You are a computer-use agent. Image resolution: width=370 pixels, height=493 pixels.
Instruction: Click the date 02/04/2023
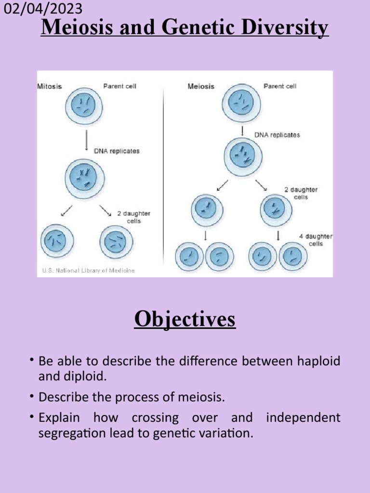(x=42, y=9)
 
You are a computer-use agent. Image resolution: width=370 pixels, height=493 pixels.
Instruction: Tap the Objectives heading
(x=185, y=319)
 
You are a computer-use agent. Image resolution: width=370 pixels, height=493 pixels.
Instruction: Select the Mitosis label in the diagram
(x=50, y=87)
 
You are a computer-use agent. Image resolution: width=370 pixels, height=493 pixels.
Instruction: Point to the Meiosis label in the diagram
(x=201, y=87)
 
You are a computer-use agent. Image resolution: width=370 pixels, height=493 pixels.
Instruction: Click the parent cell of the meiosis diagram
(x=241, y=103)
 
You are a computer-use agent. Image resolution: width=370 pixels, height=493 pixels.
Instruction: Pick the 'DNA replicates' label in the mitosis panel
(x=116, y=151)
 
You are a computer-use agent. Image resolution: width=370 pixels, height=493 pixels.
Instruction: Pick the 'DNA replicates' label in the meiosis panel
(x=277, y=135)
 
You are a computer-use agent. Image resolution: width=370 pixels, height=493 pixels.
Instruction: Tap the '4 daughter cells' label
(x=316, y=240)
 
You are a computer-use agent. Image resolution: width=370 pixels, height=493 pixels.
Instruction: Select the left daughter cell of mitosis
(x=57, y=241)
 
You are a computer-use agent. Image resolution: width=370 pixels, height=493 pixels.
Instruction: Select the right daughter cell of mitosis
(x=116, y=241)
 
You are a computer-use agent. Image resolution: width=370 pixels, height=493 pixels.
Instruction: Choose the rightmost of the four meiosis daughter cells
(x=293, y=257)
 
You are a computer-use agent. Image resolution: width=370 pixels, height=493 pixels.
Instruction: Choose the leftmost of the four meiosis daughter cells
(x=189, y=257)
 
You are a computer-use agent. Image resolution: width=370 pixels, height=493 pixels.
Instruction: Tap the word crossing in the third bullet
(x=155, y=417)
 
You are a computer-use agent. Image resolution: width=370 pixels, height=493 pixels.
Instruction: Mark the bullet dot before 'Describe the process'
(x=31, y=396)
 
